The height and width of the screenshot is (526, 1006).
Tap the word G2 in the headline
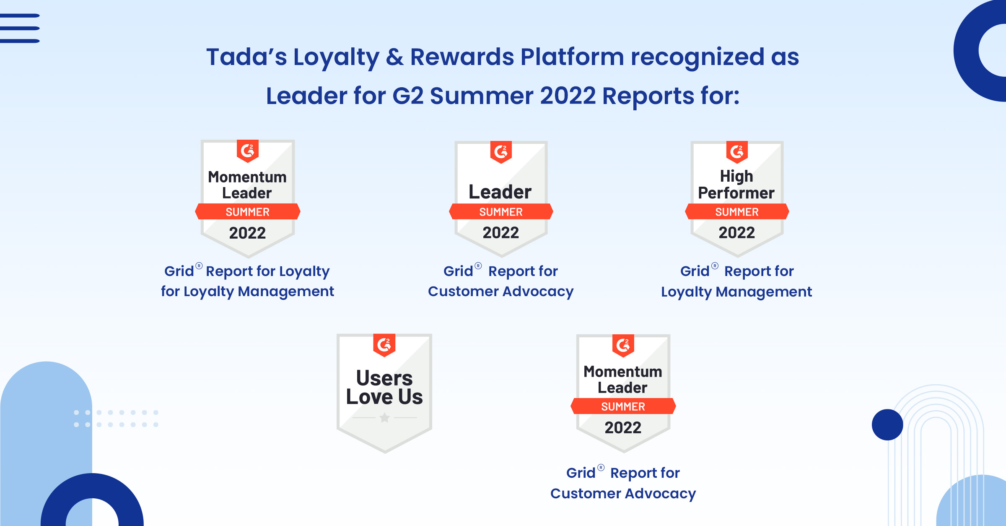408,96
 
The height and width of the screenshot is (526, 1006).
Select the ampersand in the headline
394,57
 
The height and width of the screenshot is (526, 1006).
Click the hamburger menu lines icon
20,28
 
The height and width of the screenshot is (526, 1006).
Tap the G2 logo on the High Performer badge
737,152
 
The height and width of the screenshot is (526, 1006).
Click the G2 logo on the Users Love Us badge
384,345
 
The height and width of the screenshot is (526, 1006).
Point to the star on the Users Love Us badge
384,417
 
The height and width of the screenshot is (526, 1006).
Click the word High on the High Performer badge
736,176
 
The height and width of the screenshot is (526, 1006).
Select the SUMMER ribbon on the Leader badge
501,212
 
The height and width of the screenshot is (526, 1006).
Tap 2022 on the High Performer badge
736,232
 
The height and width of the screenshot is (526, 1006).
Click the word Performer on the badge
736,193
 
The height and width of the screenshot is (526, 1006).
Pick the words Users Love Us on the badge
384,387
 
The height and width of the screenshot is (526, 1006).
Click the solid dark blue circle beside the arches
887,424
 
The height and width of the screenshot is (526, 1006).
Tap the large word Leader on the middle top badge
500,192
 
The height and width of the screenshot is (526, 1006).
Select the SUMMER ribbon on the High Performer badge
737,212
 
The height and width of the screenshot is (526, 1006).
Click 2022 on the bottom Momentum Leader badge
623,427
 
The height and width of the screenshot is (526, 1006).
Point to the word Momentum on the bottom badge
623,372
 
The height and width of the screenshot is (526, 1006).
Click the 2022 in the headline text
568,96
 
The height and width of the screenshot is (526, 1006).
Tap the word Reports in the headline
648,96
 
